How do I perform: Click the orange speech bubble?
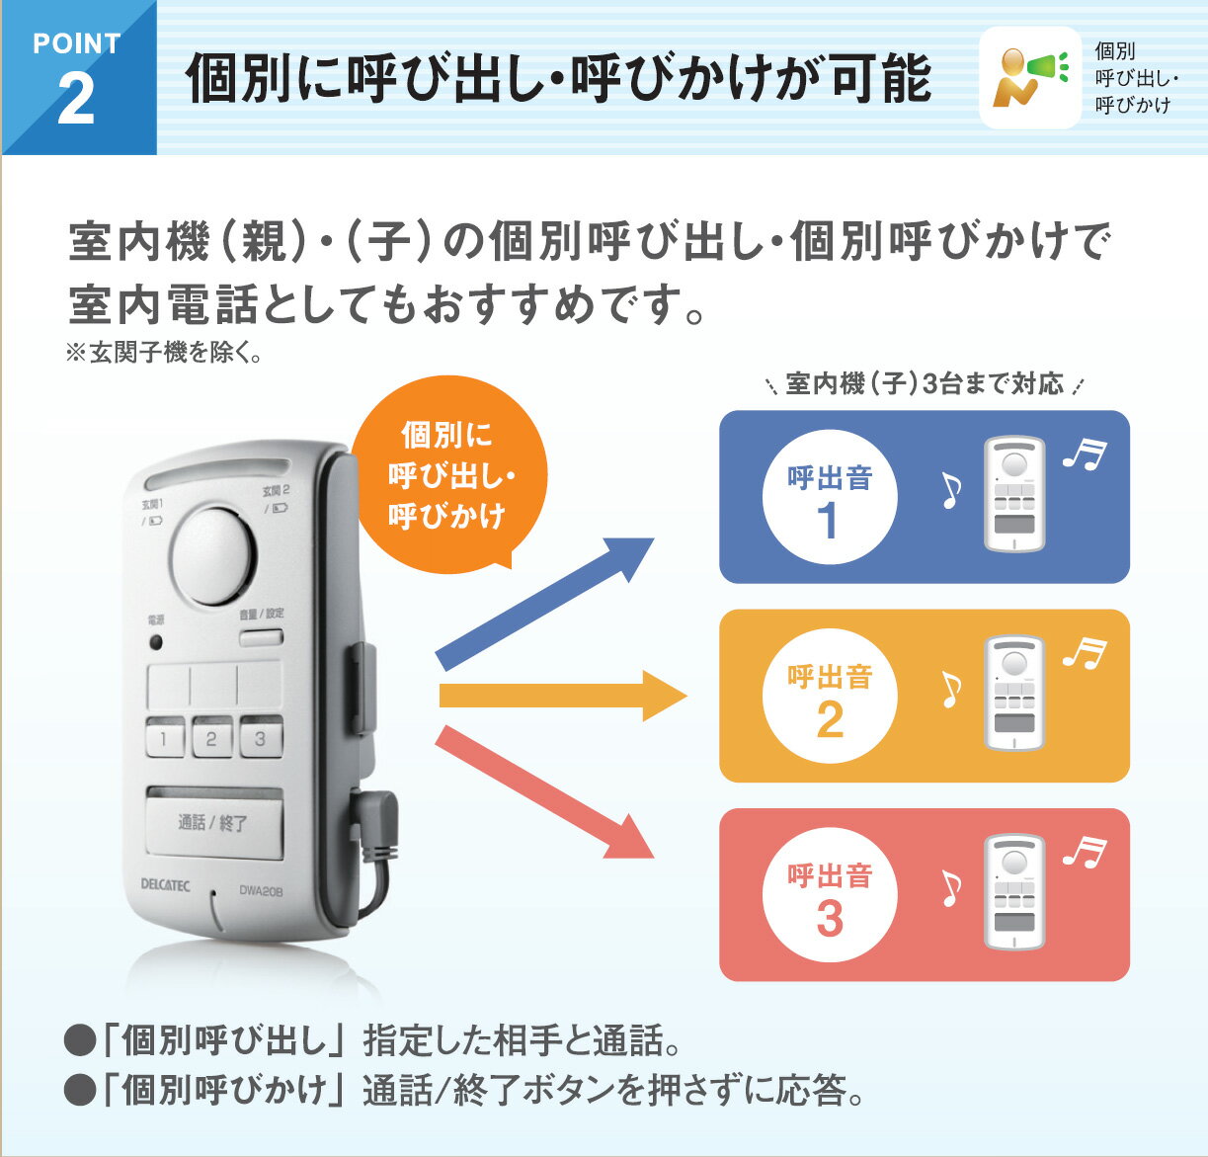(448, 474)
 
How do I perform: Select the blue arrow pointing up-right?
(544, 604)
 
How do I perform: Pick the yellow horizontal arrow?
(563, 696)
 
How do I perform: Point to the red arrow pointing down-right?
(544, 792)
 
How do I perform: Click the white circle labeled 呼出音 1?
(830, 497)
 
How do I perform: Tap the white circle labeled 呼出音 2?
(830, 696)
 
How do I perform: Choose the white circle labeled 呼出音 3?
(830, 895)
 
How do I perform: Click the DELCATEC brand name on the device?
(166, 884)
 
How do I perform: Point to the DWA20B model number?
(262, 890)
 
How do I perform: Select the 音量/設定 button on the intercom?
(262, 637)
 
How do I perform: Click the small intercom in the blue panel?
(1014, 494)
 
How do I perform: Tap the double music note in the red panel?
(1084, 852)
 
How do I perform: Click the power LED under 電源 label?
(156, 642)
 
